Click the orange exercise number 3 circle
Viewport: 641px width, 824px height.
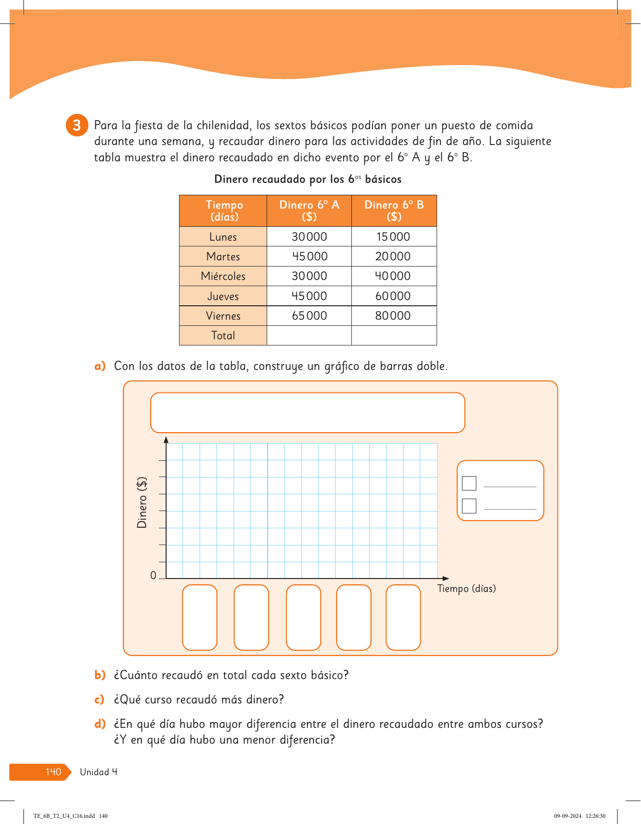point(77,125)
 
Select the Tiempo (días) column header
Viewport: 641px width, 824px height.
point(224,211)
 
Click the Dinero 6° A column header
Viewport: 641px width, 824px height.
point(309,211)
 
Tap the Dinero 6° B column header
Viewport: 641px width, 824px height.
point(394,211)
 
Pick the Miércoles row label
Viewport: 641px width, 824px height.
point(223,276)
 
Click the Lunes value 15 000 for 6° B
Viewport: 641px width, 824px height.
point(393,237)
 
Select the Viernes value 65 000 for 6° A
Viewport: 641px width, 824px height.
point(309,316)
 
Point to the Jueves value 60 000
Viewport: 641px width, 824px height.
point(393,296)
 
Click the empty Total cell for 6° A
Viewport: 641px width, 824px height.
point(309,335)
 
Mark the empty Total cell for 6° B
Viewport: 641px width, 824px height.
point(394,335)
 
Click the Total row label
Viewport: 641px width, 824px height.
point(223,335)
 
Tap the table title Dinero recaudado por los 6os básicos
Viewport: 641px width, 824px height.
point(308,179)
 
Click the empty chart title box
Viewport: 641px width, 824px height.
point(307,412)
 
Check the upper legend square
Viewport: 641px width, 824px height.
point(469,483)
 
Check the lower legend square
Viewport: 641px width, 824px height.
point(469,506)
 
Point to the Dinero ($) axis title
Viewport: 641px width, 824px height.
point(142,502)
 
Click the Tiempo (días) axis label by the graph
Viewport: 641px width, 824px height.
point(466,589)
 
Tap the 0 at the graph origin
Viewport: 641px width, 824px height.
point(153,576)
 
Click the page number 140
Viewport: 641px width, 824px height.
point(53,772)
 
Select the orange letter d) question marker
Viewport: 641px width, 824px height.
point(100,724)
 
